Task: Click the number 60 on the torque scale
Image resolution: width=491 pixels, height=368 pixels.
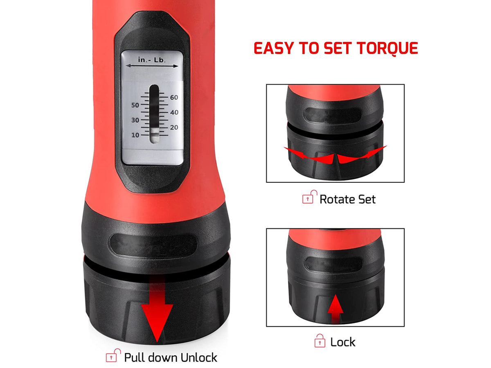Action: point(174,97)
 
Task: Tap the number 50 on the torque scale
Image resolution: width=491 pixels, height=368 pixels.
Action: point(135,105)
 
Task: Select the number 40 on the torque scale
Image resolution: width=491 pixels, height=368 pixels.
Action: point(174,112)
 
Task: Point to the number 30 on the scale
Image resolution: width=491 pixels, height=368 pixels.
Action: point(135,120)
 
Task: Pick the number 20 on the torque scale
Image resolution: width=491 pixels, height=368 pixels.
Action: point(174,127)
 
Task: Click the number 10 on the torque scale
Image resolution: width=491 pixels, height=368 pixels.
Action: point(135,135)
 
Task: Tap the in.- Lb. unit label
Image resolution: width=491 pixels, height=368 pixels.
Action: point(152,60)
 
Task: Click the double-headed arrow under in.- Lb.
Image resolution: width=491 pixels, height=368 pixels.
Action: point(152,66)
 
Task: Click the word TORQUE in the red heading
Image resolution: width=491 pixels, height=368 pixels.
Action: point(387,48)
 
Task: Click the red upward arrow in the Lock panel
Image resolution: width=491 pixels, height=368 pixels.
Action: point(335,309)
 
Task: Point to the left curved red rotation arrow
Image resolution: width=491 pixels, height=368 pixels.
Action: point(309,156)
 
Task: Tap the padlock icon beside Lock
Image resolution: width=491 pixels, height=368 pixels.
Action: point(320,341)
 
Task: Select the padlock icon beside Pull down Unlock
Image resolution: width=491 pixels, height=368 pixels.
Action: point(113,355)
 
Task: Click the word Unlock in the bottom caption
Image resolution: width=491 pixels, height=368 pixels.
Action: point(198,357)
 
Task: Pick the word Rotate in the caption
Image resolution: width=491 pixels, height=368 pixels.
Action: point(338,199)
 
